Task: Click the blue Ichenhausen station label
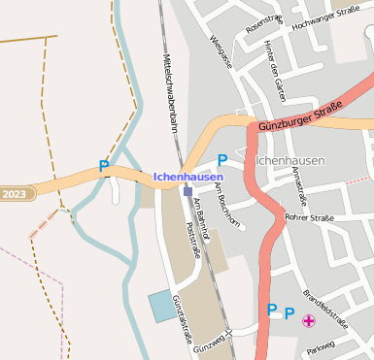click(188, 177)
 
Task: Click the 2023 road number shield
click(15, 193)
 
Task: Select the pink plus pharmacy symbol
click(309, 320)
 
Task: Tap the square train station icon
click(187, 191)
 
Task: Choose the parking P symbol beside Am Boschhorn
click(221, 159)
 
